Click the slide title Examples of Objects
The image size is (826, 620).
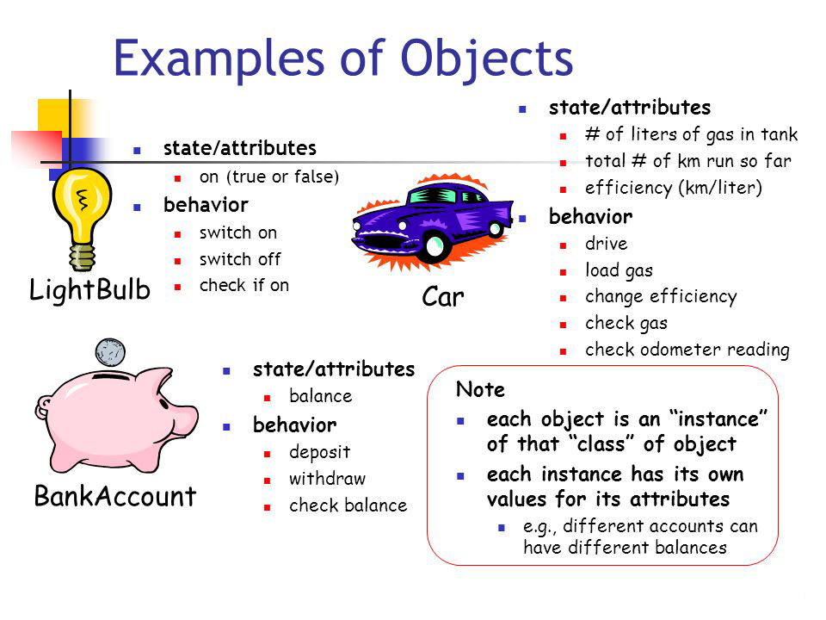[343, 59]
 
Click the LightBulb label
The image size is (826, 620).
[89, 289]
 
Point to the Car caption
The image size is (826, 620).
[443, 298]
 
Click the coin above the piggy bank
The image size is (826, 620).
[110, 352]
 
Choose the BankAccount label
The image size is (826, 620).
[115, 497]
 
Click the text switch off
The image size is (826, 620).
[240, 259]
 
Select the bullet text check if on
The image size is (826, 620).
[244, 286]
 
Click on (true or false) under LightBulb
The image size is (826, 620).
[269, 177]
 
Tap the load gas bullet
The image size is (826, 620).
[619, 270]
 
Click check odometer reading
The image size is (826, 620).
[687, 350]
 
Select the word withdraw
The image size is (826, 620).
[327, 479]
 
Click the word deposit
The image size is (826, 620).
[319, 452]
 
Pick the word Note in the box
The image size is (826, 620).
[480, 390]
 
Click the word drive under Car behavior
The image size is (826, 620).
[606, 244]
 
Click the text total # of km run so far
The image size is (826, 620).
[687, 161]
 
